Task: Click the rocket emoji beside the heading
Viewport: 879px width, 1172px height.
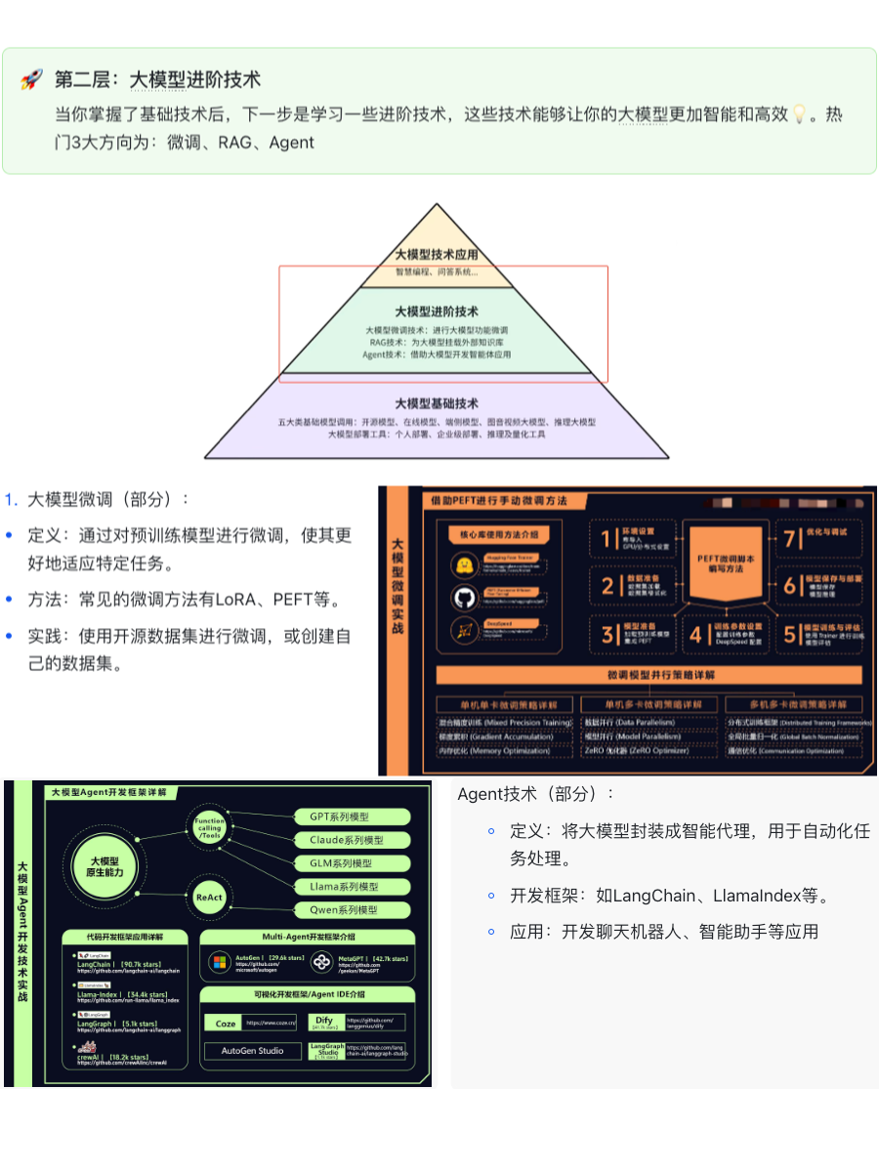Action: (x=31, y=80)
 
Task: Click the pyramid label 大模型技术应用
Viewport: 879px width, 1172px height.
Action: (x=437, y=254)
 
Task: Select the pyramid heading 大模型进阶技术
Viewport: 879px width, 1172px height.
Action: (x=437, y=312)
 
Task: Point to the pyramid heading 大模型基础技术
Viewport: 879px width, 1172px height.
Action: (x=437, y=403)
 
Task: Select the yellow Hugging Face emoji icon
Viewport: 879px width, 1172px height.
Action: (x=463, y=566)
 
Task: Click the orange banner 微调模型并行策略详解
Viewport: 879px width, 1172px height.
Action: (x=649, y=675)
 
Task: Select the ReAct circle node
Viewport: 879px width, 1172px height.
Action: (x=209, y=897)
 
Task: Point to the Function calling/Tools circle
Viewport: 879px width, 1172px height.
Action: (x=209, y=828)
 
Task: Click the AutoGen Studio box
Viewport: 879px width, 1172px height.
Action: (x=252, y=1051)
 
